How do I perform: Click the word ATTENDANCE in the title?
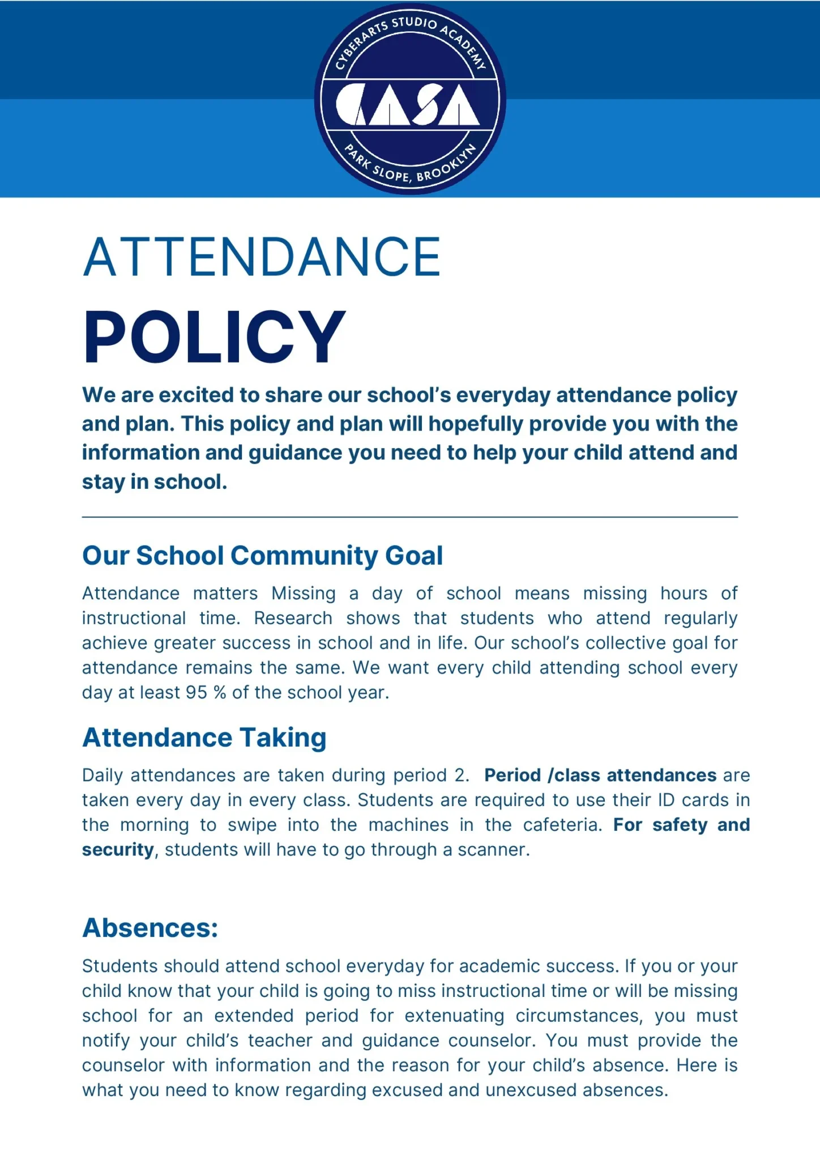click(262, 258)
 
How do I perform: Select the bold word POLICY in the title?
click(214, 337)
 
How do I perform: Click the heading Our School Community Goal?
click(262, 556)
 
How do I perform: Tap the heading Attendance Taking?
click(204, 738)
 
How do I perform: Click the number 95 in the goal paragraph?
click(196, 693)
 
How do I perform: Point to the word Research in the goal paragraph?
click(293, 618)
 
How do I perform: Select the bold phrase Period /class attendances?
click(600, 775)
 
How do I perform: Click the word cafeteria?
click(562, 825)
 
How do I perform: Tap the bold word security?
click(118, 850)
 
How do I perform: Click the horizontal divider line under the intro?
click(409, 517)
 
